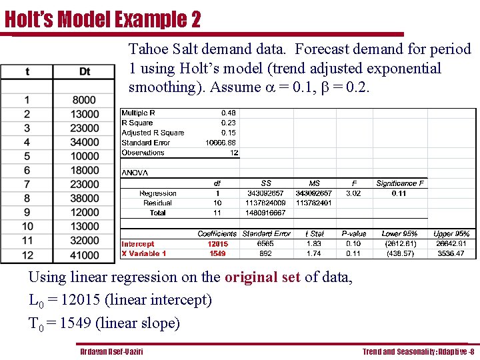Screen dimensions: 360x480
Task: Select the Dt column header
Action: click(85, 71)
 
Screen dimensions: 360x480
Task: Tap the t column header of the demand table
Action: click(27, 71)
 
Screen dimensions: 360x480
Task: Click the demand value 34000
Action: click(85, 142)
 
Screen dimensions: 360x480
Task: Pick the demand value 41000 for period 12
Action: click(85, 255)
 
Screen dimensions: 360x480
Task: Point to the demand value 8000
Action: click(85, 100)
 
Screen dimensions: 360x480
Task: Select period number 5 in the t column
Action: click(27, 156)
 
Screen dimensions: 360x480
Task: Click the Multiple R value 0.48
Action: click(228, 113)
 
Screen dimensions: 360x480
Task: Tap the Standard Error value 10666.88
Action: click(220, 143)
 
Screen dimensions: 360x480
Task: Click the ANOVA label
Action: click(135, 173)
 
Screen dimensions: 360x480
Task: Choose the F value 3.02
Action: click(353, 193)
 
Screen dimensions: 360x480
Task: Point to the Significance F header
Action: click(400, 183)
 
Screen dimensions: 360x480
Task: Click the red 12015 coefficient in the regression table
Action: click(217, 244)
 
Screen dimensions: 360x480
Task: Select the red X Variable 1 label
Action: click(143, 253)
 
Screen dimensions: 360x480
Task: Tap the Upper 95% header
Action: click(451, 234)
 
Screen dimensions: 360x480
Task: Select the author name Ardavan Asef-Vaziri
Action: click(111, 351)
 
